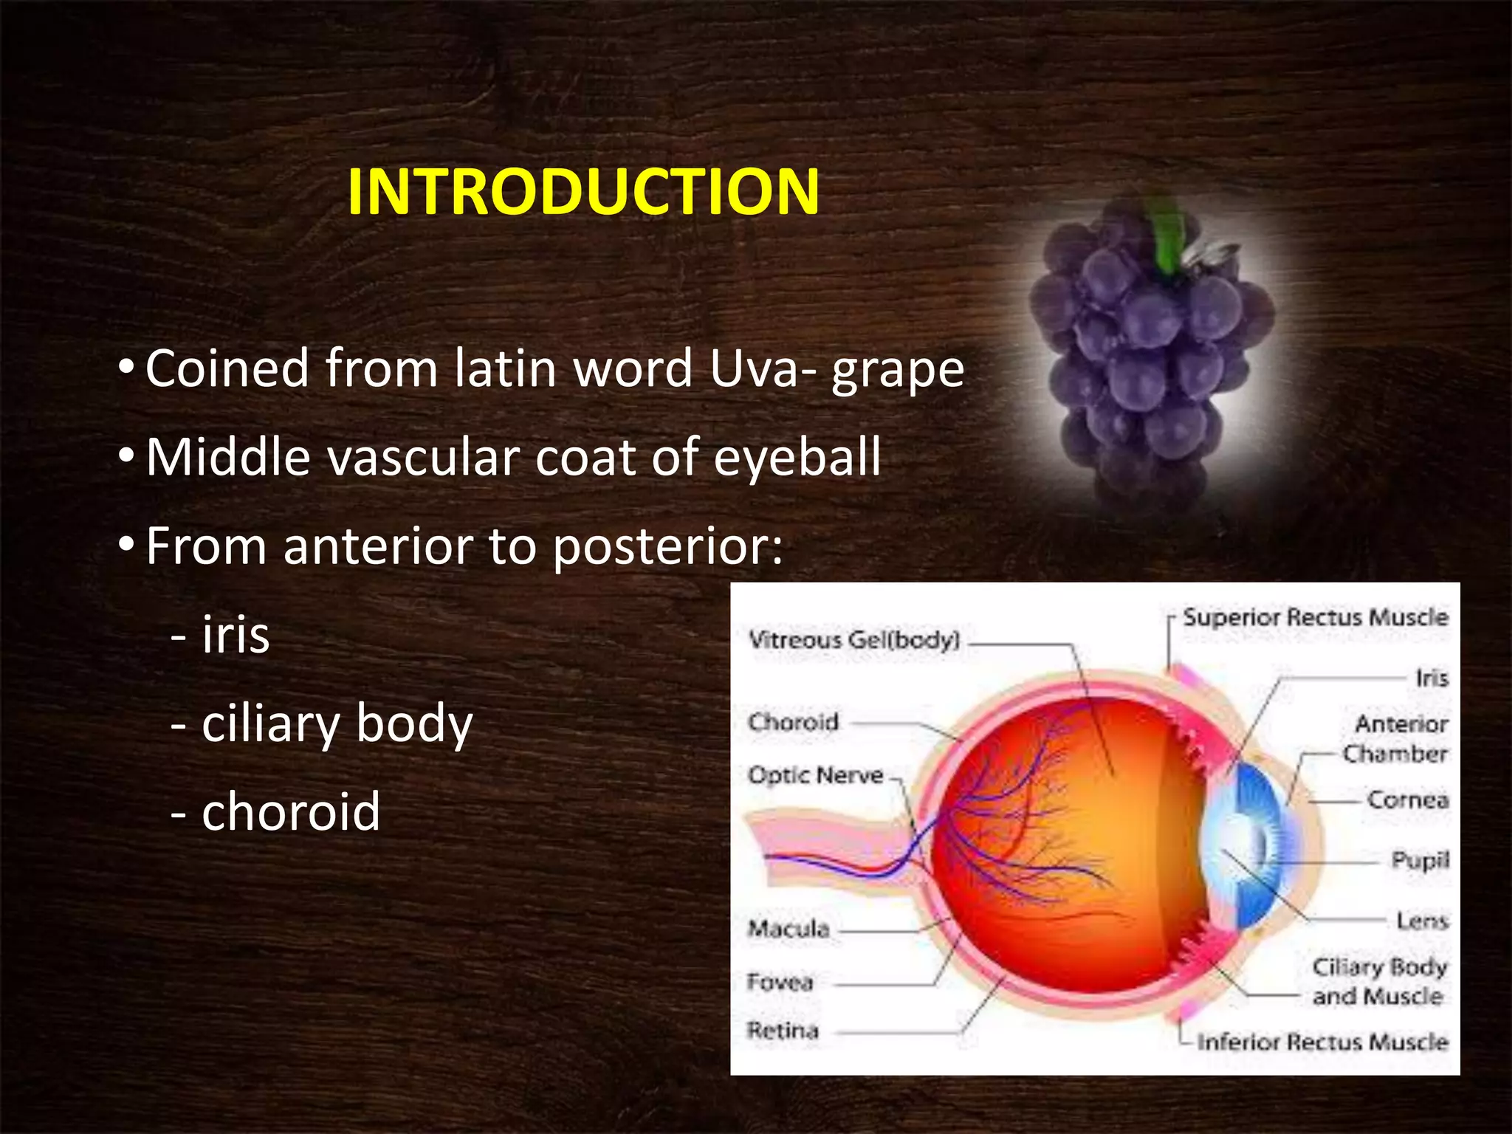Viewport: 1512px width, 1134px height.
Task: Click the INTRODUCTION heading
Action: pos(583,192)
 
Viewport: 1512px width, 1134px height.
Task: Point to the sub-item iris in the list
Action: pos(235,635)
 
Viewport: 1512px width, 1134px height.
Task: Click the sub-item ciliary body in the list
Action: pos(337,724)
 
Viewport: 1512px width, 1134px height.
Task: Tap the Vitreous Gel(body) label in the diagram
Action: pos(853,639)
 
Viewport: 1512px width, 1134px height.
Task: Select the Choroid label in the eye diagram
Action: pos(793,721)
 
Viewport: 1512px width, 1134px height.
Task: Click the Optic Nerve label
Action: pos(815,775)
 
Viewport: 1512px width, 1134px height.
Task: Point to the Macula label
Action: pos(788,928)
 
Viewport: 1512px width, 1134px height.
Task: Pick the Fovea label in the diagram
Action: pos(780,982)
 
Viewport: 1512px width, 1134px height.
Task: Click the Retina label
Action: pos(783,1030)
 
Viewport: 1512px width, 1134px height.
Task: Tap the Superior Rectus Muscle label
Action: pos(1315,617)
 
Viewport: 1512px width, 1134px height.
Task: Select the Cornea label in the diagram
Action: pos(1407,800)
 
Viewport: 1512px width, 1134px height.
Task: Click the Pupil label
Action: pos(1420,860)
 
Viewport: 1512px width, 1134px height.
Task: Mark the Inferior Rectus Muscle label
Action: pos(1322,1042)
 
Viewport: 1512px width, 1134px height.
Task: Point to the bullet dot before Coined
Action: pos(126,367)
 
